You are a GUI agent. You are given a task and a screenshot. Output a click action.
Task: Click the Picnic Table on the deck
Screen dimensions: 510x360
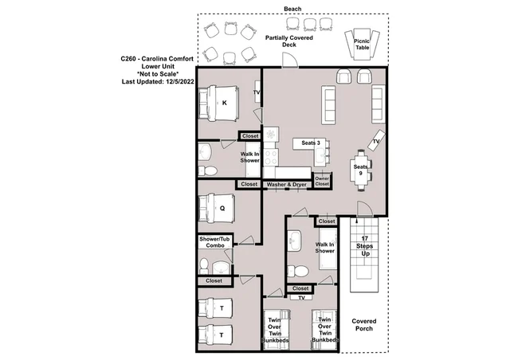(x=362, y=45)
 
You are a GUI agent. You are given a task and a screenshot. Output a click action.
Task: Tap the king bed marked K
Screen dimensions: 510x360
(x=219, y=104)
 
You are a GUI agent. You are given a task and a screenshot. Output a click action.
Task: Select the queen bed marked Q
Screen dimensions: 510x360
(x=217, y=209)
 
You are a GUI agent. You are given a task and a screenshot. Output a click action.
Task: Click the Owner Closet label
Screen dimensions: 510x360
(x=322, y=181)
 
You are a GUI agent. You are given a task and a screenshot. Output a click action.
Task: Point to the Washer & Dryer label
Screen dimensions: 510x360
(x=287, y=185)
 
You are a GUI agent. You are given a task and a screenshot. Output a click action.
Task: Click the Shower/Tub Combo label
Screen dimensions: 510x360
(x=214, y=242)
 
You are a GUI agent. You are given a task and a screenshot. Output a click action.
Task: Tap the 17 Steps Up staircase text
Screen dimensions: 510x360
(x=365, y=246)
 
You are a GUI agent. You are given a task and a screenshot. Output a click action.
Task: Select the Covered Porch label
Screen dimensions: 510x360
(x=364, y=324)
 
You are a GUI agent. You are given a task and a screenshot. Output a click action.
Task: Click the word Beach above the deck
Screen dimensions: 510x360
(x=292, y=9)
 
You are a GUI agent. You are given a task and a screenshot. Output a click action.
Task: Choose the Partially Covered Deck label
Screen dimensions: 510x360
(x=288, y=41)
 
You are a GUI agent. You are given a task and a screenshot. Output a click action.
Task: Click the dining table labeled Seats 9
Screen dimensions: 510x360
(x=361, y=170)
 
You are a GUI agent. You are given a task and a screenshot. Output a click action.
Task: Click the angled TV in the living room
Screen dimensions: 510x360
(x=376, y=140)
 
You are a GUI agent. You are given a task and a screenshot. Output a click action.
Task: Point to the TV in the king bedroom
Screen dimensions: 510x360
(x=257, y=92)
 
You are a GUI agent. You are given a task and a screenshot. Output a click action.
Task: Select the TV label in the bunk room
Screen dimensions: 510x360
(x=301, y=298)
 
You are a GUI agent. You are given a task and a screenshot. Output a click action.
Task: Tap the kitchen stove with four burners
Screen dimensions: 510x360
(x=271, y=157)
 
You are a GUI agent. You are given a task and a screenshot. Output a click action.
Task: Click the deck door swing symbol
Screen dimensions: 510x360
(x=289, y=60)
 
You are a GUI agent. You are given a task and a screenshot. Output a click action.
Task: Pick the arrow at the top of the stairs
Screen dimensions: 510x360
(x=357, y=221)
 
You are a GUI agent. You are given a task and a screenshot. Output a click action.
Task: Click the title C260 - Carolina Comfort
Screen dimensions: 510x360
(x=157, y=59)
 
